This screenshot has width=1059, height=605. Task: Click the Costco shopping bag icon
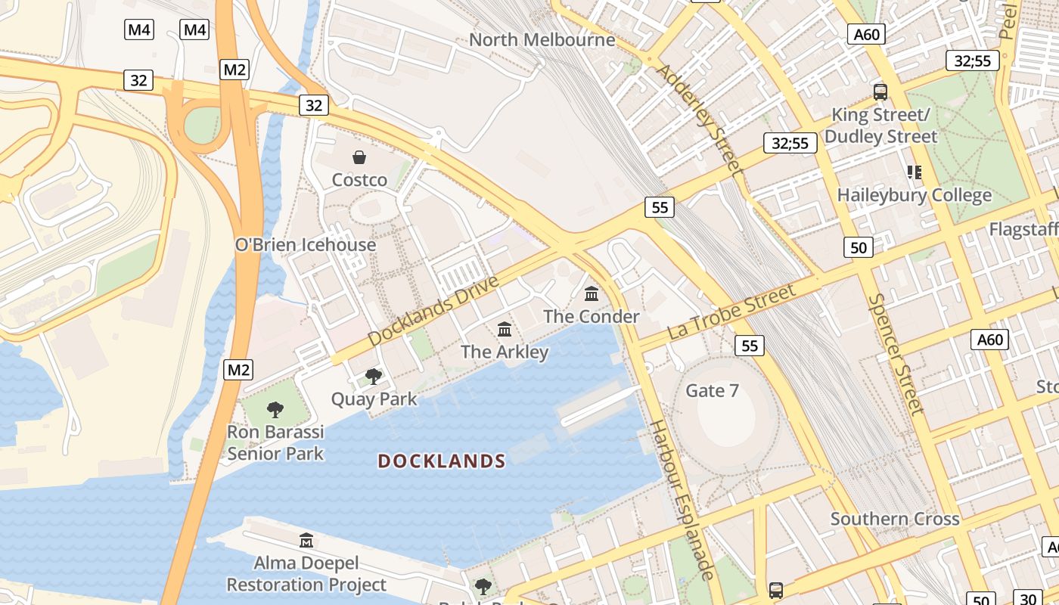tap(359, 157)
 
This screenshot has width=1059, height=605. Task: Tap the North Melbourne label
tap(542, 39)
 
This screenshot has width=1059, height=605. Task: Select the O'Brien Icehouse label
tap(305, 245)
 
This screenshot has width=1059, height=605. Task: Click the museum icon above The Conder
tap(592, 293)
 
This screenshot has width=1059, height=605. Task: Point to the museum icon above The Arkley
tap(505, 329)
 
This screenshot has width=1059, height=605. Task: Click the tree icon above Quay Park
tap(373, 376)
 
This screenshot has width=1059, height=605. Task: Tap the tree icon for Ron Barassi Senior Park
tap(275, 410)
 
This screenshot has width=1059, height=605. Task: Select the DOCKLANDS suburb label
tap(442, 461)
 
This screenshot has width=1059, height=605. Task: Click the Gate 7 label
tap(712, 391)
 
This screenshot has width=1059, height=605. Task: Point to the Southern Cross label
tap(895, 519)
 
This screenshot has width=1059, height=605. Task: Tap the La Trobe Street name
tap(731, 312)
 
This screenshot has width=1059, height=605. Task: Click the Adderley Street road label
tap(700, 119)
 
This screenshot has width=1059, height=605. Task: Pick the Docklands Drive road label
tap(433, 312)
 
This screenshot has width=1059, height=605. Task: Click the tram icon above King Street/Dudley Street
tap(880, 92)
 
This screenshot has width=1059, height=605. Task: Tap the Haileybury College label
tap(914, 195)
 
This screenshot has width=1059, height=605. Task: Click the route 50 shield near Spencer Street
tap(859, 247)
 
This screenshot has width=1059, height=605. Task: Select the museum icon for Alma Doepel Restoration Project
tap(306, 540)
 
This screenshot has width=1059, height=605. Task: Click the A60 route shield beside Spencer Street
tap(989, 340)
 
